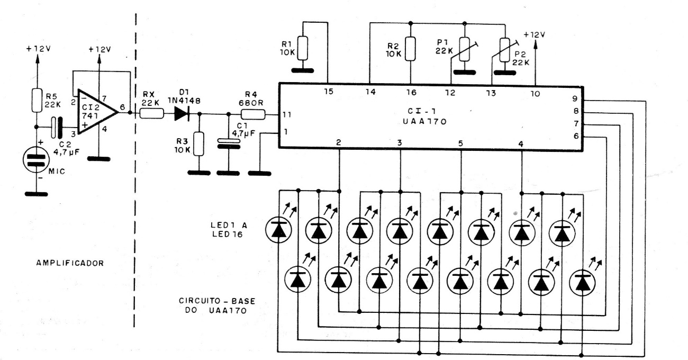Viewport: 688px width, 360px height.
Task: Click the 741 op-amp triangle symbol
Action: [95, 112]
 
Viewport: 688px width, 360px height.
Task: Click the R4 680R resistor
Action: [253, 113]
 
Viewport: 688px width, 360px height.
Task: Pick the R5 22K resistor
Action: [37, 100]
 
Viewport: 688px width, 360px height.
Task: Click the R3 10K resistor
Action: [199, 143]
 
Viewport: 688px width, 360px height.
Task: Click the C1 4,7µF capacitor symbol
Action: [228, 143]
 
